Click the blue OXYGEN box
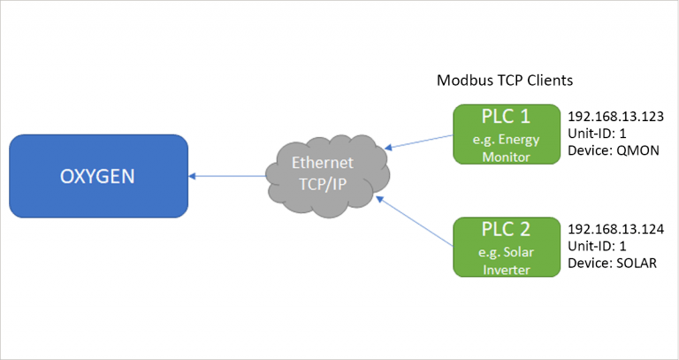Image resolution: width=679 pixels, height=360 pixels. [98, 175]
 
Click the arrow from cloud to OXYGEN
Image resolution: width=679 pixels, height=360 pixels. [229, 175]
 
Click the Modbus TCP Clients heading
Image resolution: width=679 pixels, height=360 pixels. [506, 80]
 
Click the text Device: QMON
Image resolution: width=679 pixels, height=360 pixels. [609, 149]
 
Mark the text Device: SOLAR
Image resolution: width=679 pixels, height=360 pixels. [611, 262]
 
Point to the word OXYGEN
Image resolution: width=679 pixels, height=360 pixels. [97, 175]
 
